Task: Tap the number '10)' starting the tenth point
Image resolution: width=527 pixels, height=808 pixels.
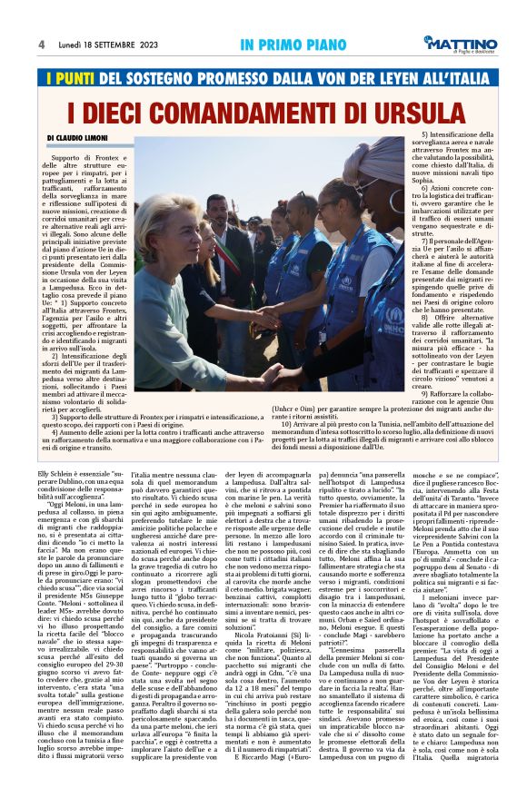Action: pyautogui.click(x=286, y=425)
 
